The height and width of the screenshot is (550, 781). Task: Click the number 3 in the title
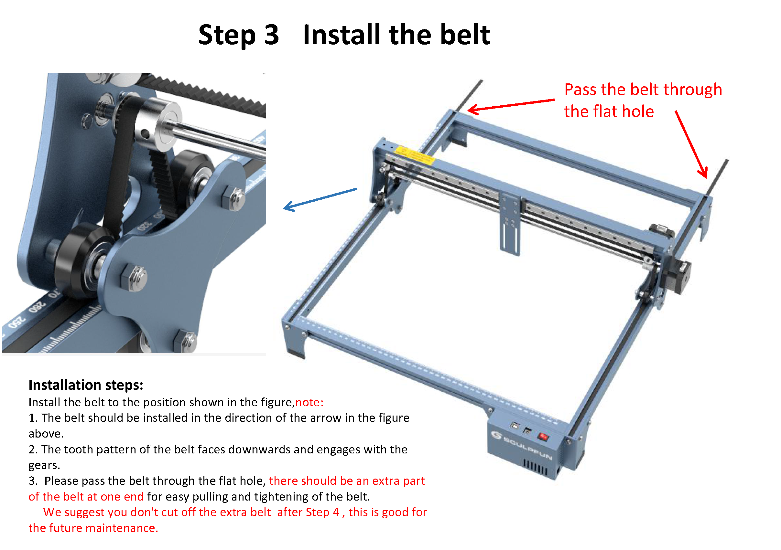click(x=271, y=35)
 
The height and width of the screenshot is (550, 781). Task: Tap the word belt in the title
click(x=465, y=35)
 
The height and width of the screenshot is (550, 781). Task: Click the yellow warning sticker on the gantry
click(x=414, y=155)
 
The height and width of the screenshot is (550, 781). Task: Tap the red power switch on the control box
click(x=543, y=437)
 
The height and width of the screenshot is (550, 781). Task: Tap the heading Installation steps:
click(x=86, y=385)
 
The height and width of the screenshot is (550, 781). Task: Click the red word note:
click(x=309, y=402)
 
